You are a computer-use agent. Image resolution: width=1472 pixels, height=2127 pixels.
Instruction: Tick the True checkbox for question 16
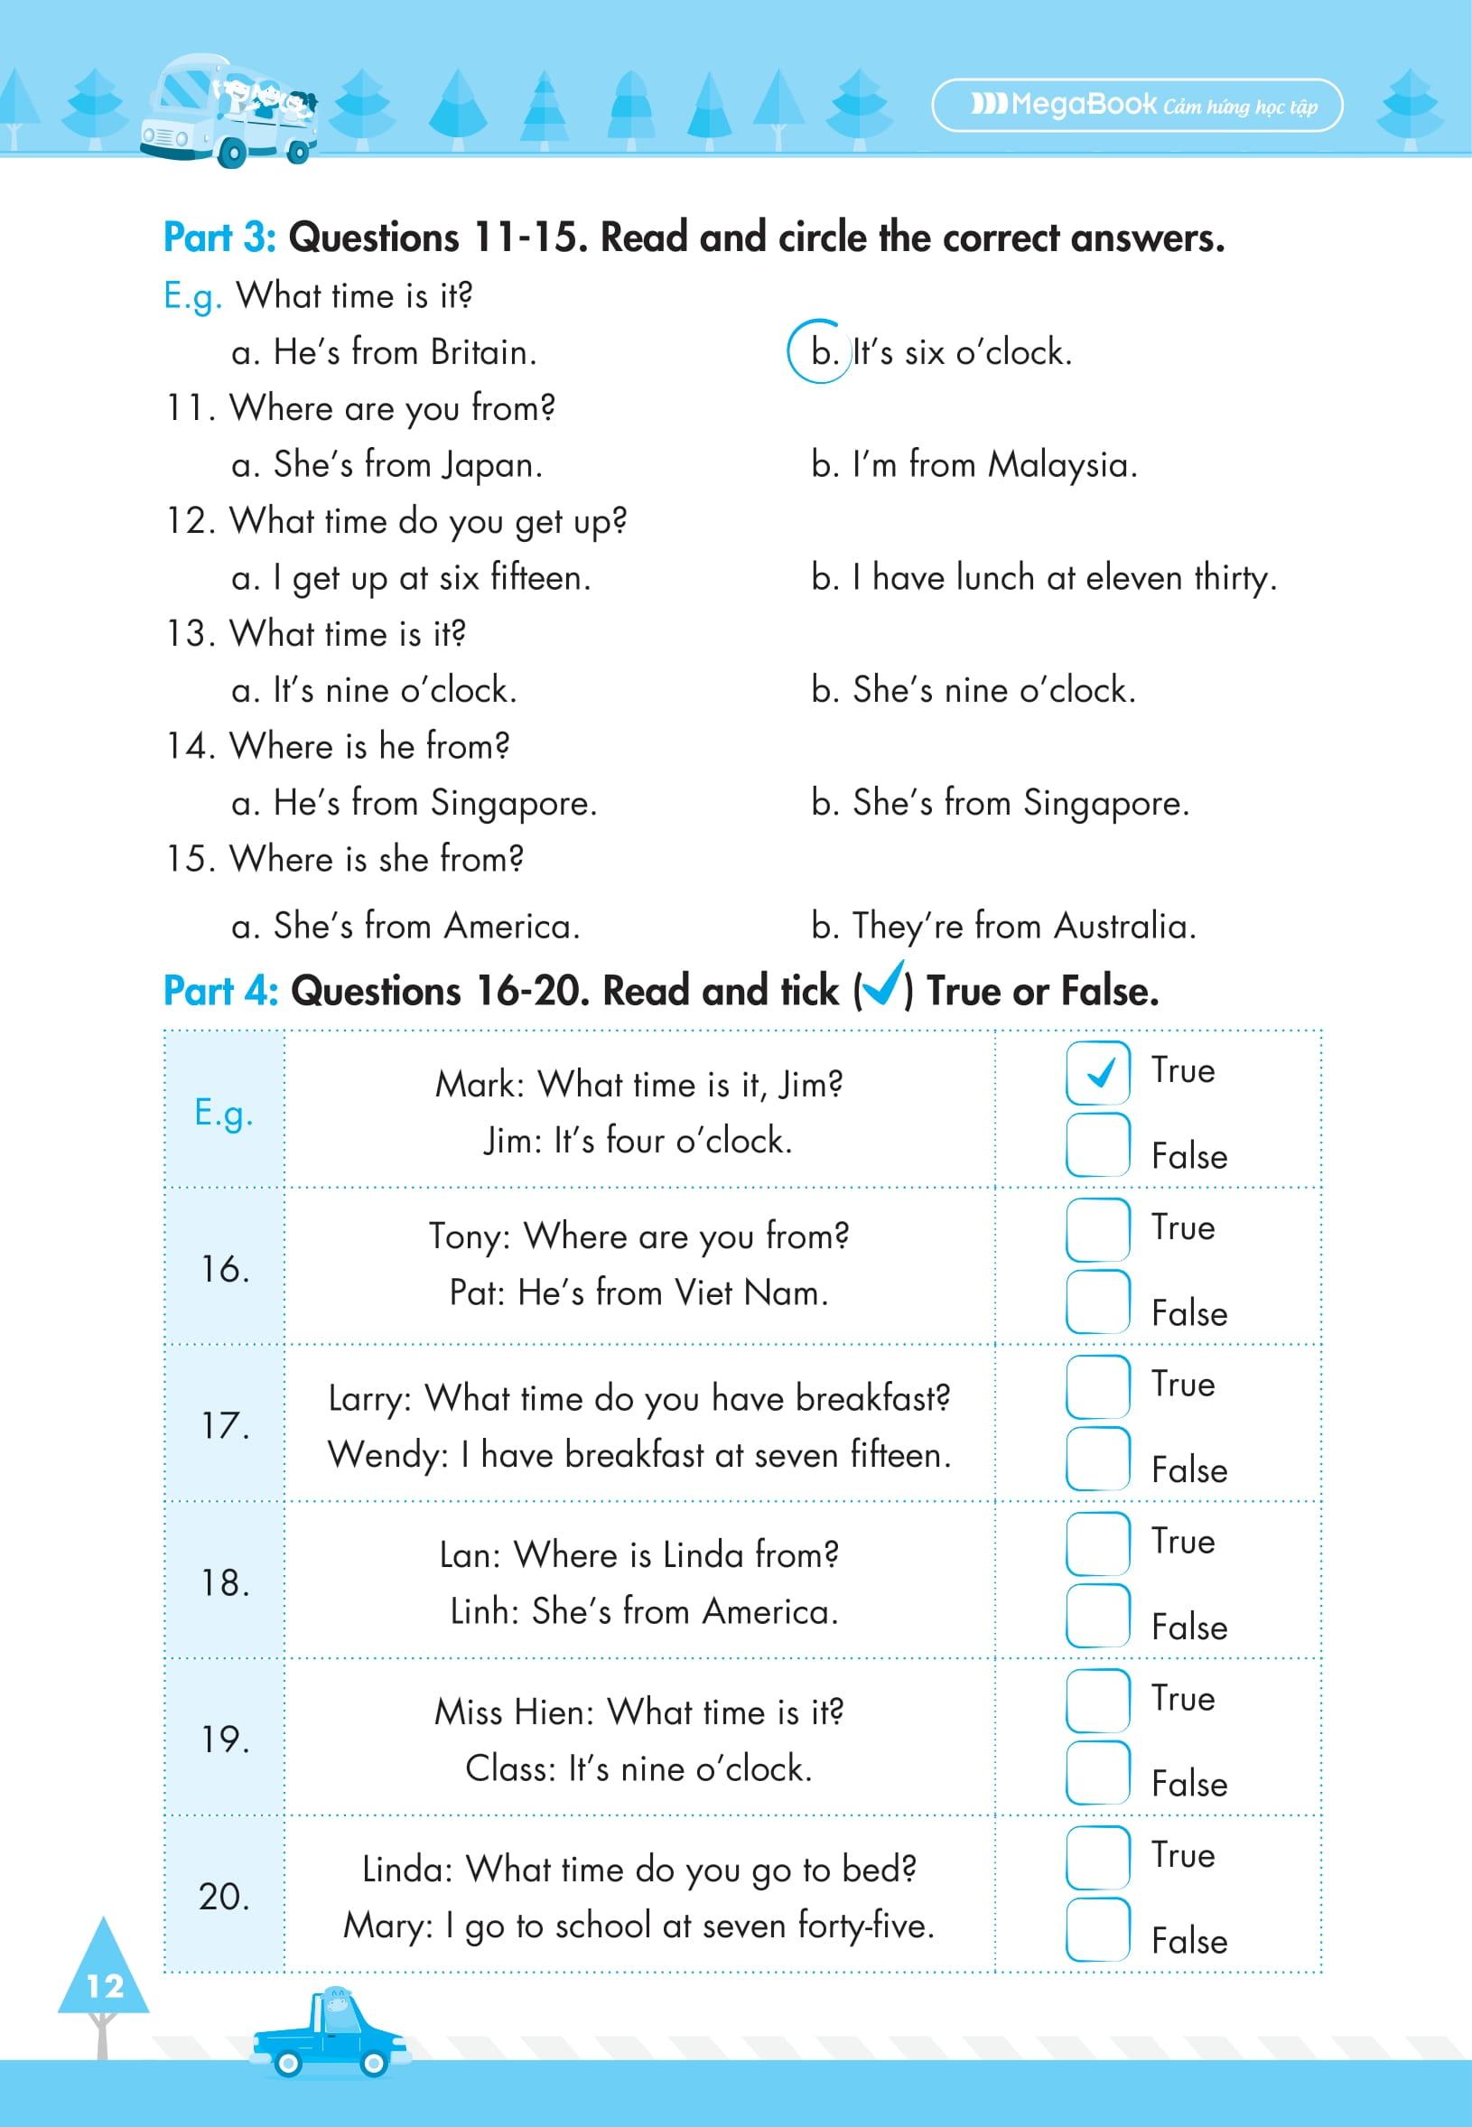(x=1096, y=1228)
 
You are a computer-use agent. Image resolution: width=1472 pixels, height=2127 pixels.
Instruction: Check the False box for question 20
(x=1096, y=1928)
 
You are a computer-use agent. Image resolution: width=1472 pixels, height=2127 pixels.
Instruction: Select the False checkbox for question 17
(x=1096, y=1459)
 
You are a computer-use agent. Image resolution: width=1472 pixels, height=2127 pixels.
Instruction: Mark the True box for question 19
(x=1096, y=1699)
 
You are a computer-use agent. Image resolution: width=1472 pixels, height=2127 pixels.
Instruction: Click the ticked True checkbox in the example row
(x=1096, y=1072)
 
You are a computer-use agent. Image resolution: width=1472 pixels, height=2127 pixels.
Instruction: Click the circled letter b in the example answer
(x=819, y=352)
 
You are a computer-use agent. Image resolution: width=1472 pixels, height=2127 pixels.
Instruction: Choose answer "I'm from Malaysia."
(x=974, y=464)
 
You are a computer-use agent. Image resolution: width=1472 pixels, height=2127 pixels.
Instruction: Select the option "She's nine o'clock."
(x=973, y=690)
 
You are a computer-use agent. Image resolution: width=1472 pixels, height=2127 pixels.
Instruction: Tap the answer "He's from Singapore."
(x=415, y=802)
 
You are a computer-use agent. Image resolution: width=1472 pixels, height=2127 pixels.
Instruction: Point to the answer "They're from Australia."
(x=1003, y=925)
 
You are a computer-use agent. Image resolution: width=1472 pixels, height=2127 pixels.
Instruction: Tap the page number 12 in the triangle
(x=104, y=1985)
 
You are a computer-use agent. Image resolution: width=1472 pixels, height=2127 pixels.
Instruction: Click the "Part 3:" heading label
(x=219, y=238)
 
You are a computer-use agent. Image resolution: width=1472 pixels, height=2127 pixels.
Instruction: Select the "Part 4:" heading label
(x=220, y=992)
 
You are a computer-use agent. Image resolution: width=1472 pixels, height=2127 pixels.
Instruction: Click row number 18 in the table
(x=225, y=1582)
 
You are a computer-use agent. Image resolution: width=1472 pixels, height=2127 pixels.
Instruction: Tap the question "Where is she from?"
(x=377, y=859)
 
